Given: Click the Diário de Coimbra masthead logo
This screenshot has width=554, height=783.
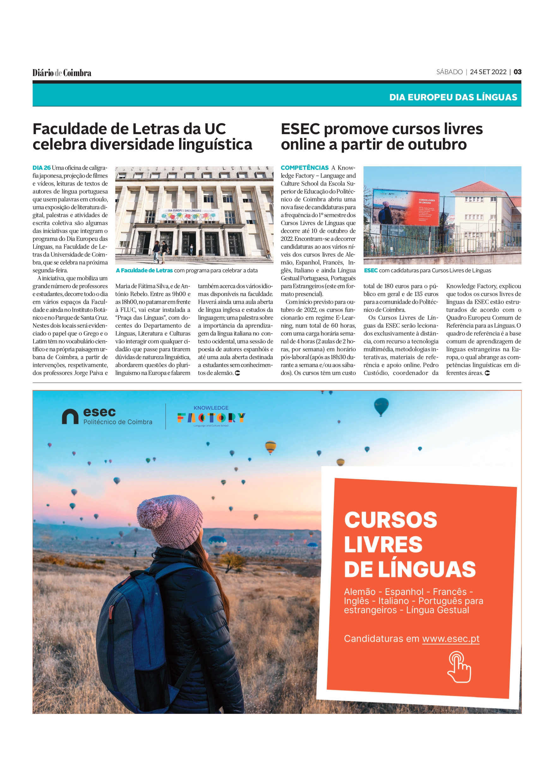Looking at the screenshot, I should tap(62, 73).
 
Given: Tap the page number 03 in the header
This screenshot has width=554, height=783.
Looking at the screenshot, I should tap(517, 72).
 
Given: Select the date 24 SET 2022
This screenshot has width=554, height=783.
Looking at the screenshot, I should tap(488, 72).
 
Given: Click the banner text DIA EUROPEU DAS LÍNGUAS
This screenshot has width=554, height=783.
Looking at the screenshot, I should tap(453, 97).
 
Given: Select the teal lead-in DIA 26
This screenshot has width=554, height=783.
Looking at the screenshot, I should tap(41, 168).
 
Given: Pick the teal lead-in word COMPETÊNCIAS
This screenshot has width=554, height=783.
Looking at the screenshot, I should tap(304, 168).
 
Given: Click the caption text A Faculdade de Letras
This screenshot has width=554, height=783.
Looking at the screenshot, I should tap(144, 270).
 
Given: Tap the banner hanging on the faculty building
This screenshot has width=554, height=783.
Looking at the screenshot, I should tap(189, 215).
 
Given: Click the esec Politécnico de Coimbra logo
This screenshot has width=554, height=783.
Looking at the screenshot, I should tap(107, 416).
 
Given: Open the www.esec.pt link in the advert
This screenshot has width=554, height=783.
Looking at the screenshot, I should tap(451, 638).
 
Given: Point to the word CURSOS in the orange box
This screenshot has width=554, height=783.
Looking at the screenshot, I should tap(390, 520).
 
